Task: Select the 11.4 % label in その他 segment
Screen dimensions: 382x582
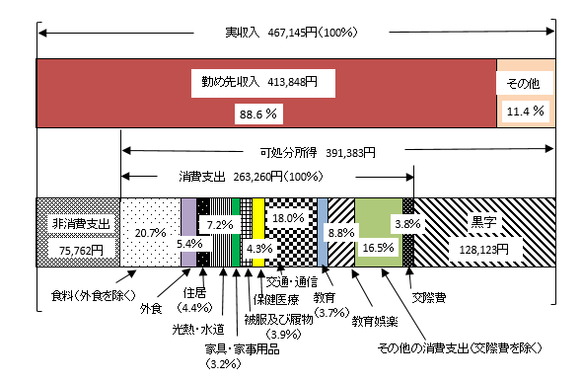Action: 525,113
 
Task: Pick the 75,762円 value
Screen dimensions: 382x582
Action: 77,250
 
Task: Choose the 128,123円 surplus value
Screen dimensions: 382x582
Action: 482,250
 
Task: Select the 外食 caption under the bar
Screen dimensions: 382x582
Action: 151,308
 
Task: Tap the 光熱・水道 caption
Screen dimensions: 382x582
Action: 197,329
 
